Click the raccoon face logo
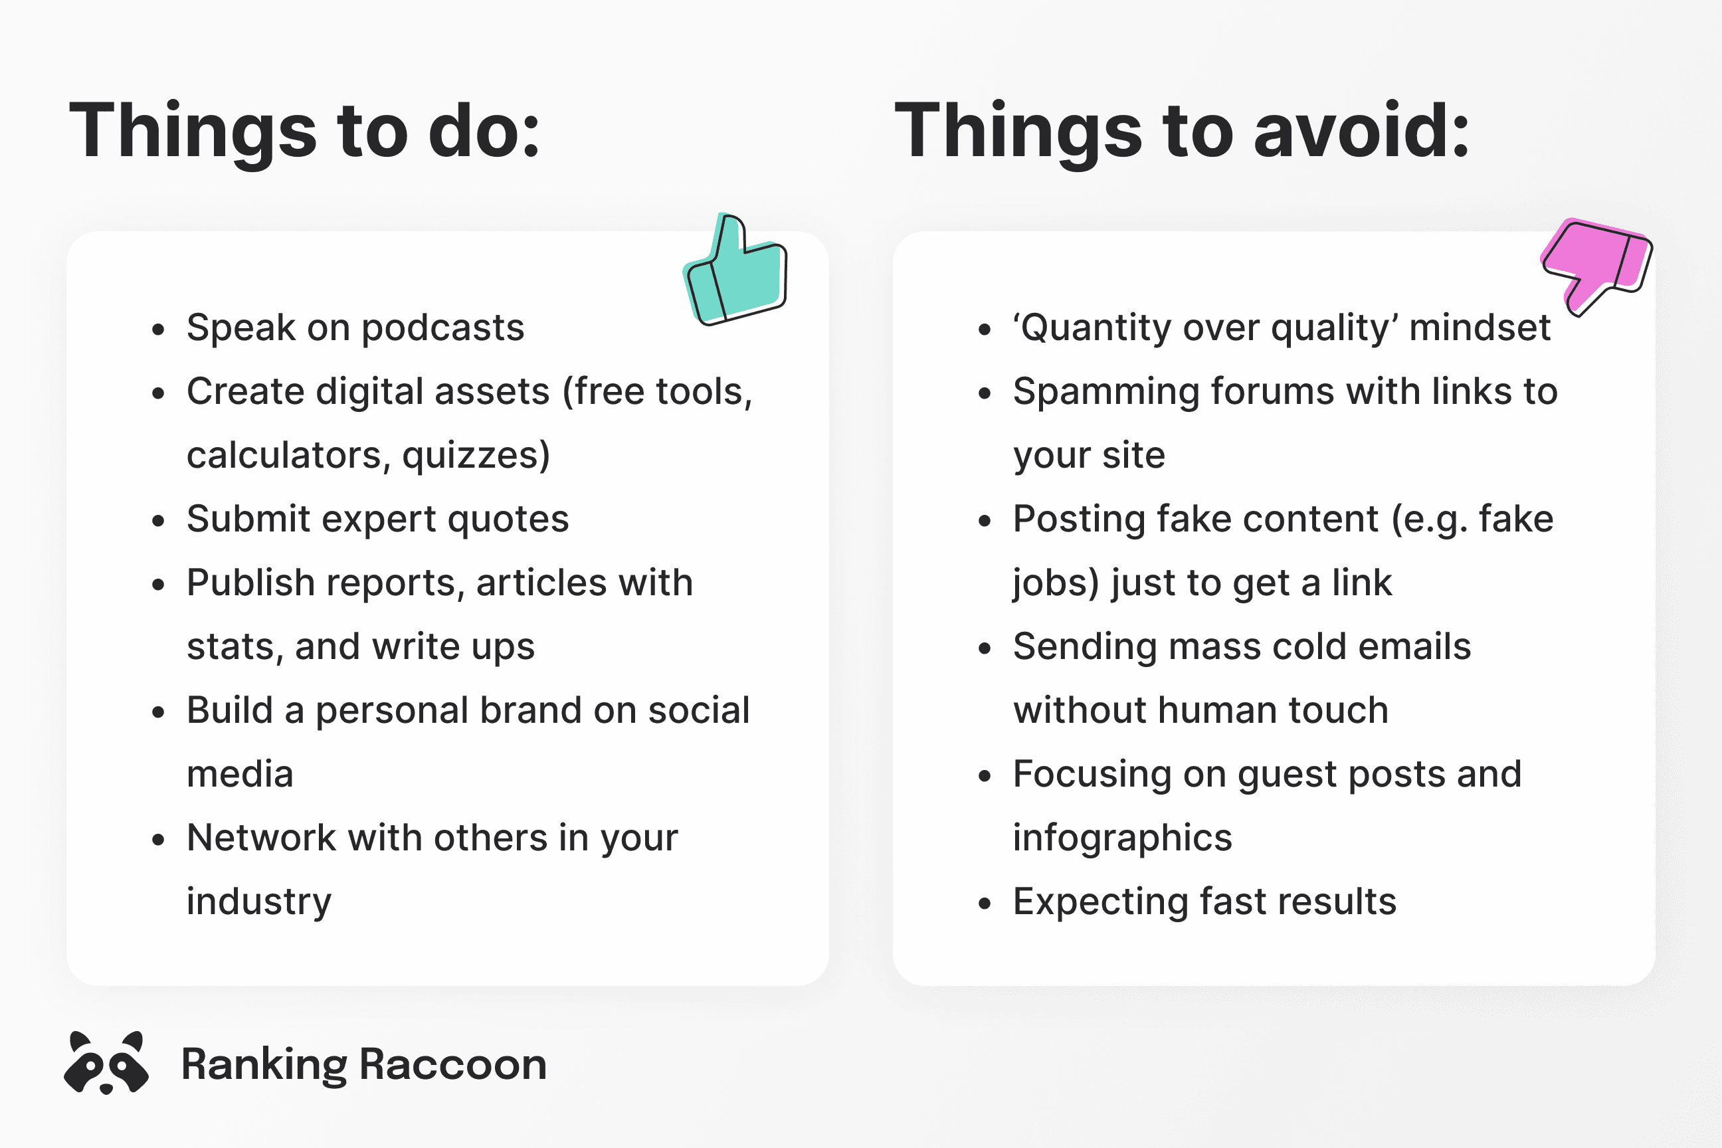(x=106, y=1062)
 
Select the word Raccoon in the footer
(x=453, y=1064)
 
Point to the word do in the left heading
(x=483, y=132)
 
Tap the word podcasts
(x=443, y=328)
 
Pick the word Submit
(x=248, y=519)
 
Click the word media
(x=240, y=774)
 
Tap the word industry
(x=258, y=902)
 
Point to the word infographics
(x=1122, y=838)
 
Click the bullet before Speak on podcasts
(x=158, y=330)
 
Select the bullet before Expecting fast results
(x=985, y=904)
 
